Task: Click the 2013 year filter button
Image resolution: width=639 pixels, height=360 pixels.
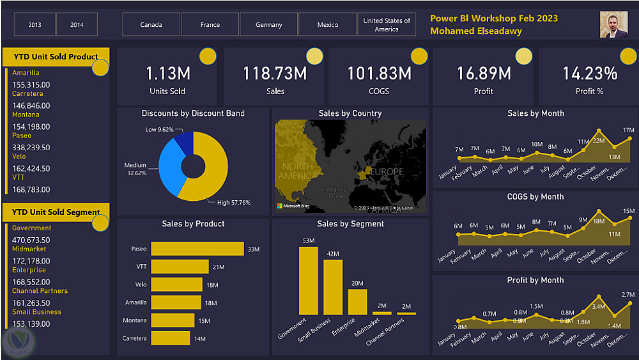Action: (35, 25)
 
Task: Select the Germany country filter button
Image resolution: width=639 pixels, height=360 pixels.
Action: (269, 25)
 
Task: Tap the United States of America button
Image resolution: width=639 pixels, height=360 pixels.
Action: (387, 25)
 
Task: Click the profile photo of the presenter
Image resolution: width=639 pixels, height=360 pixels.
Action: (613, 24)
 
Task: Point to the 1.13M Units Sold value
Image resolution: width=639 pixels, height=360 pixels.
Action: (167, 74)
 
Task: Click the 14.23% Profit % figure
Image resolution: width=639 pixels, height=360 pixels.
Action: (590, 74)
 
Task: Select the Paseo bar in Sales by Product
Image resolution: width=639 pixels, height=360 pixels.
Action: (197, 249)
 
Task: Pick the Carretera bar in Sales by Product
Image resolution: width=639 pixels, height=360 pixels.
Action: (170, 338)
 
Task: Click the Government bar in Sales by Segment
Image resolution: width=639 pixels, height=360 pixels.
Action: (309, 281)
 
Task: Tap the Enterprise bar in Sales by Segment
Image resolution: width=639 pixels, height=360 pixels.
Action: (357, 302)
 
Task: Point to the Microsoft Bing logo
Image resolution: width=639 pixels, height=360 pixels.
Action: (293, 206)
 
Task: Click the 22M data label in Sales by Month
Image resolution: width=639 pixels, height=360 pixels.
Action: (599, 141)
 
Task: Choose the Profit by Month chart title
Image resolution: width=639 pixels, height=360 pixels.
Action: (535, 280)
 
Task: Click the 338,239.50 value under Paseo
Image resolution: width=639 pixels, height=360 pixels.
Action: (31, 148)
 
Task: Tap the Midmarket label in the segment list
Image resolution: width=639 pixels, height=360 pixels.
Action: (29, 249)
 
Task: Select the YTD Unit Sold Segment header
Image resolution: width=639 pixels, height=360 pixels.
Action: (56, 212)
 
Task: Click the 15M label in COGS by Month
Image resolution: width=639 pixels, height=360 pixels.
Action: (629, 211)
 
